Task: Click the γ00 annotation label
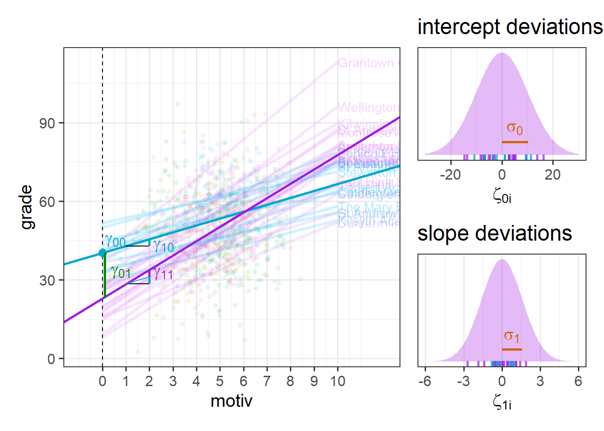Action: [115, 242]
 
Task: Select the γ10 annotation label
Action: [163, 246]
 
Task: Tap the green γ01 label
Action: [120, 272]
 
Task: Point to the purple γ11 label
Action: [163, 273]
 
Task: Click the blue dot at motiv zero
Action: [102, 253]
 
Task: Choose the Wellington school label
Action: [368, 108]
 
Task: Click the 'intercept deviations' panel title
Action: [510, 27]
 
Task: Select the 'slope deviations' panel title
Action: [494, 233]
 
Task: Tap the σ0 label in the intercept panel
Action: [515, 128]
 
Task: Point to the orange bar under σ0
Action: [515, 142]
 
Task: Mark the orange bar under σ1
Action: [512, 349]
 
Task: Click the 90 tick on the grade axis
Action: [47, 123]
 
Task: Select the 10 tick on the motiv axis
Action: [338, 381]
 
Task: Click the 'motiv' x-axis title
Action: [231, 401]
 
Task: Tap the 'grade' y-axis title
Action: [27, 207]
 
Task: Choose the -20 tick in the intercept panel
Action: [450, 175]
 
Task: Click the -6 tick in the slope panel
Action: [424, 381]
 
